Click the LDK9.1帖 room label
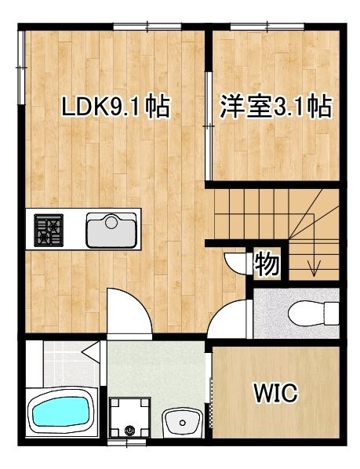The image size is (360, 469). pyautogui.click(x=115, y=107)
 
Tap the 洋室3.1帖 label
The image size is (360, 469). pyautogui.click(x=275, y=106)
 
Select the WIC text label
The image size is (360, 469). pyautogui.click(x=275, y=392)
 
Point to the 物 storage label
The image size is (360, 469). pyautogui.click(x=267, y=265)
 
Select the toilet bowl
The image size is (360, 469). pyautogui.click(x=310, y=314)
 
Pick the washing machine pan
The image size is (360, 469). pyautogui.click(x=129, y=416)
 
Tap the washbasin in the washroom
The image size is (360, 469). pyautogui.click(x=184, y=424)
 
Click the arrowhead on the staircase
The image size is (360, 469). pyautogui.click(x=314, y=271)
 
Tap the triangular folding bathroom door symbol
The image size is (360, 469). pyautogui.click(x=93, y=352)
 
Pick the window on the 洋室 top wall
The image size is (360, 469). pyautogui.click(x=260, y=27)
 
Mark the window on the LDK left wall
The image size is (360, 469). pyautogui.click(x=21, y=55)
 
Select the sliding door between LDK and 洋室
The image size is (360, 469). pyautogui.click(x=209, y=125)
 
